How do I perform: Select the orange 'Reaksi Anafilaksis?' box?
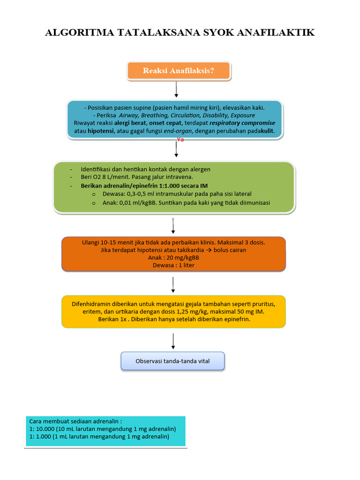pyautogui.click(x=179, y=71)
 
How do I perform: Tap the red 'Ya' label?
pyautogui.click(x=180, y=140)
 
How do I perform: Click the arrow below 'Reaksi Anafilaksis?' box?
pyautogui.click(x=176, y=89)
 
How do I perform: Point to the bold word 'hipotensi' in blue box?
pyautogui.click(x=101, y=131)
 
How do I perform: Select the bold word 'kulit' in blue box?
pyautogui.click(x=267, y=131)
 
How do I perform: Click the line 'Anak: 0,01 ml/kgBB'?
pyautogui.click(x=134, y=202)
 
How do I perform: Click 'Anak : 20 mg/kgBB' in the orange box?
pyautogui.click(x=173, y=257)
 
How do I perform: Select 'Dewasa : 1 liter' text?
pyautogui.click(x=173, y=265)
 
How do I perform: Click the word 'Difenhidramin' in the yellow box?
pyautogui.click(x=91, y=303)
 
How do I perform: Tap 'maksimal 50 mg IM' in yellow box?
pyautogui.click(x=242, y=311)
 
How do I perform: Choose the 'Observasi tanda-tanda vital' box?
pyautogui.click(x=173, y=361)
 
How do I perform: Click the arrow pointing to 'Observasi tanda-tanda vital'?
pyautogui.click(x=173, y=341)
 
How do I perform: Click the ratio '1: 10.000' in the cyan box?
pyautogui.click(x=42, y=428)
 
